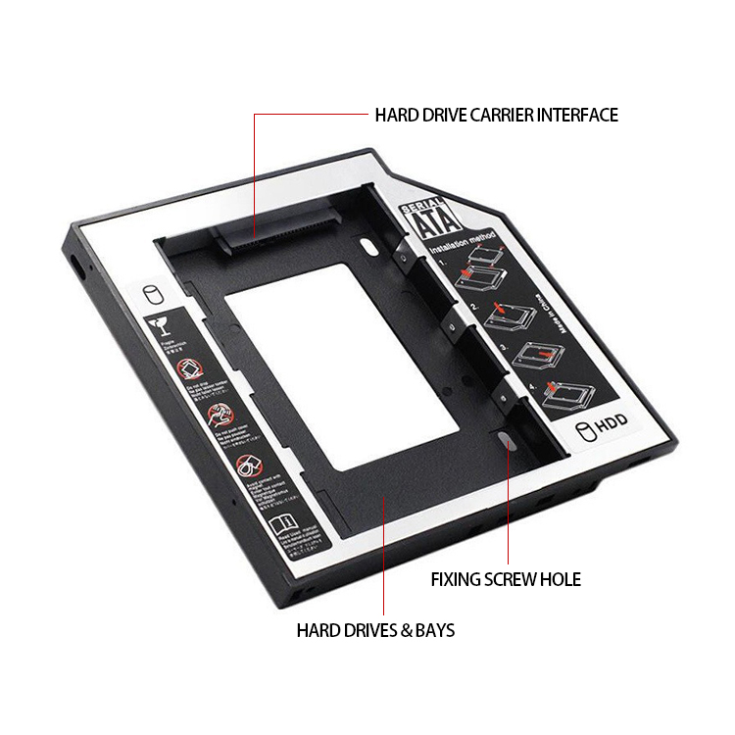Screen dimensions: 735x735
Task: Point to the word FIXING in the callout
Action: (457, 579)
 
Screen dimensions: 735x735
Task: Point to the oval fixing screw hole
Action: (506, 441)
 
